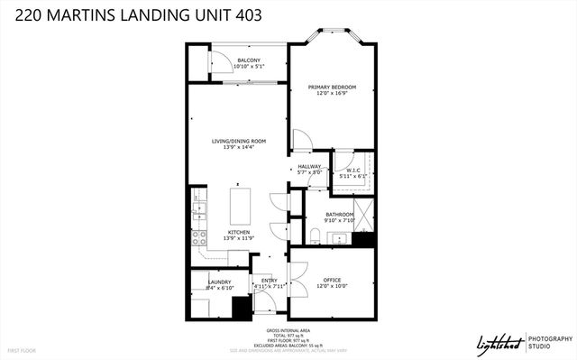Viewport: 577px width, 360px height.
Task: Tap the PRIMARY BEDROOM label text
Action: [332, 87]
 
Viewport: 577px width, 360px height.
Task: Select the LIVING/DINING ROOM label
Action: [239, 141]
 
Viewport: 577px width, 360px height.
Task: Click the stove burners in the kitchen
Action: [199, 238]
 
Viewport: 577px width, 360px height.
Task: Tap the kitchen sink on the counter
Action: [198, 213]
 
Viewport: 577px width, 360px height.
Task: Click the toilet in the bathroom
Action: [313, 235]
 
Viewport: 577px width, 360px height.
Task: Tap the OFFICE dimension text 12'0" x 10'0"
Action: [332, 287]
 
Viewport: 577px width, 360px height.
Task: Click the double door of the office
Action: [298, 272]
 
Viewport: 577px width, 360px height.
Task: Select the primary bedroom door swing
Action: [302, 140]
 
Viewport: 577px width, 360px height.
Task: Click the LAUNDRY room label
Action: [220, 281]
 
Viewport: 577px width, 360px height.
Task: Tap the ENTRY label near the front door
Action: [269, 281]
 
